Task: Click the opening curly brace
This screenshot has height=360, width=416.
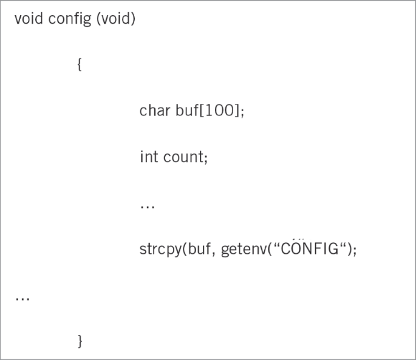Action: point(80,64)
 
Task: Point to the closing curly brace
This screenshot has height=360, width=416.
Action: point(80,341)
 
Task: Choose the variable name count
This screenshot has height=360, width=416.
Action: point(183,157)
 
